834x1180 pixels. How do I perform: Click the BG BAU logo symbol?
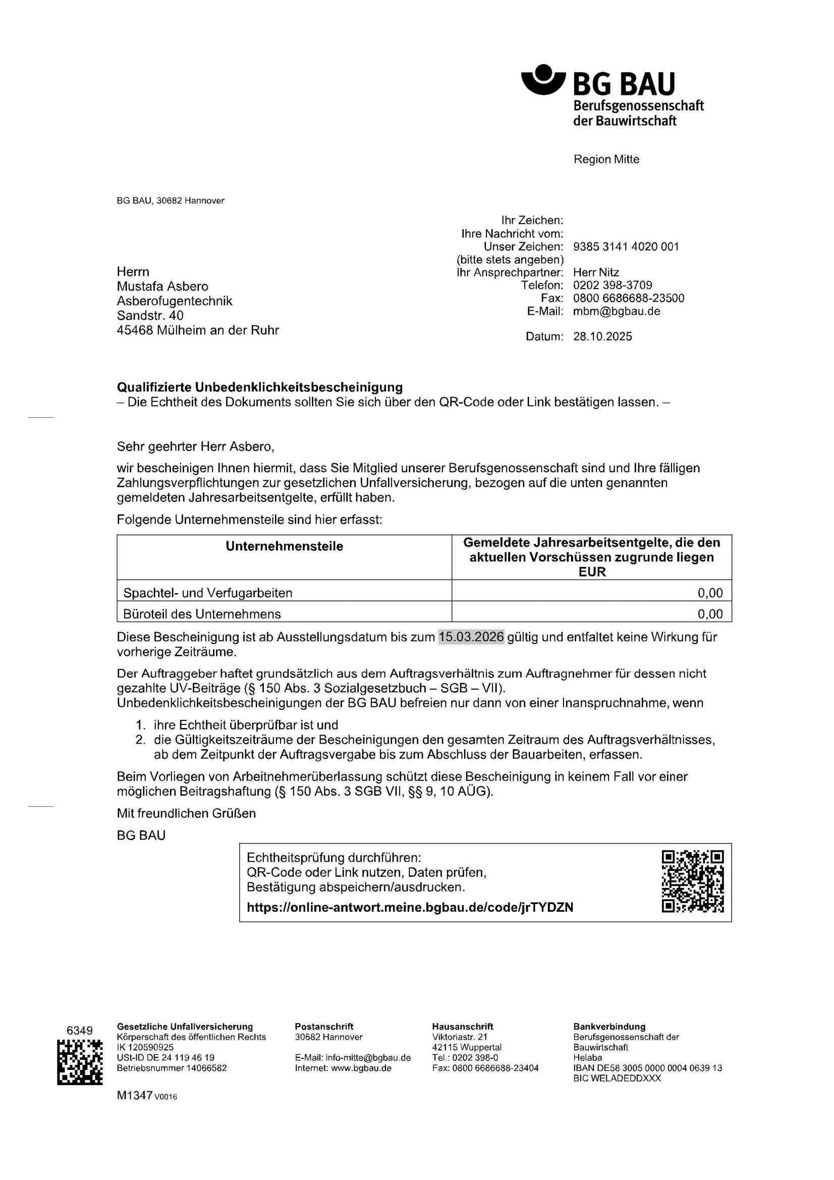(543, 80)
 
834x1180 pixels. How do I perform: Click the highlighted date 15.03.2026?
(471, 637)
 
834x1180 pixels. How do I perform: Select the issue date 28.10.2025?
(602, 336)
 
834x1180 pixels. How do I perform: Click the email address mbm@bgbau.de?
(617, 311)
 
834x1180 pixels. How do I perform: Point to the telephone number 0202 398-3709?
(613, 285)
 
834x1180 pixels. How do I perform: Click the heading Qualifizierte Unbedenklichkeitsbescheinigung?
(259, 387)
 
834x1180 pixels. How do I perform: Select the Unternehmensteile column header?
(284, 546)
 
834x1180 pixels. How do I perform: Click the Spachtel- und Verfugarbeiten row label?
(207, 593)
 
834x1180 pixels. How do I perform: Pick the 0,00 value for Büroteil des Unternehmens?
(710, 614)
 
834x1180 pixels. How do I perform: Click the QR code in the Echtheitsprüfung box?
(693, 881)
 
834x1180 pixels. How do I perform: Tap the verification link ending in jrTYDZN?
(410, 907)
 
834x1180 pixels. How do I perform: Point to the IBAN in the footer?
(647, 1068)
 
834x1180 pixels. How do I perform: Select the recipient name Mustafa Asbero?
(162, 286)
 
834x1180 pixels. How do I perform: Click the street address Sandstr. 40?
(150, 315)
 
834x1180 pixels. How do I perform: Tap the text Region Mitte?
(606, 159)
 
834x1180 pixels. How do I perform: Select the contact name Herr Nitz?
(596, 272)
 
